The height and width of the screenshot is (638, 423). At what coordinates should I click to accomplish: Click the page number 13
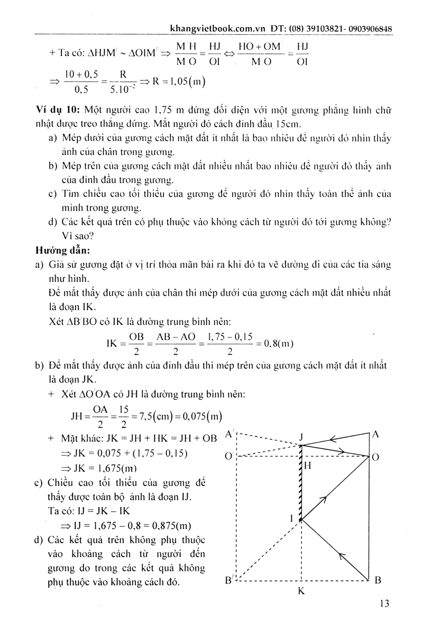pyautogui.click(x=384, y=604)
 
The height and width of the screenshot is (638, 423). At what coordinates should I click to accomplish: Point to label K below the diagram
pyautogui.click(x=300, y=591)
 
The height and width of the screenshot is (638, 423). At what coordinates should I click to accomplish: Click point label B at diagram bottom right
pyautogui.click(x=377, y=580)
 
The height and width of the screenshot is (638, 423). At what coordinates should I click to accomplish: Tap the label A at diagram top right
pyautogui.click(x=376, y=434)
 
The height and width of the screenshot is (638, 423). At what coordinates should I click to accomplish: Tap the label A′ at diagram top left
pyautogui.click(x=230, y=434)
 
